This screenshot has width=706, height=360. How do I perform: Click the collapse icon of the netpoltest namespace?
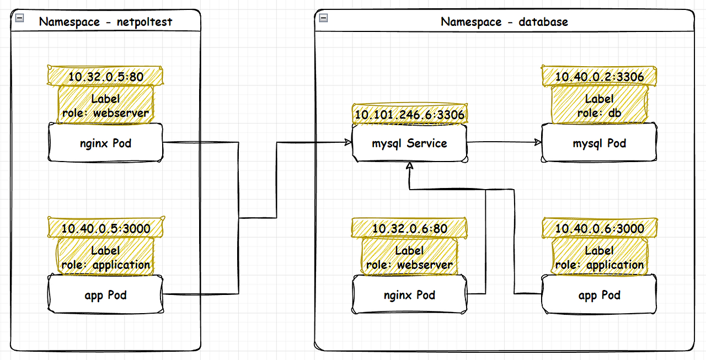[x=19, y=18]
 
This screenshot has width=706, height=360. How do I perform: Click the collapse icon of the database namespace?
[x=323, y=18]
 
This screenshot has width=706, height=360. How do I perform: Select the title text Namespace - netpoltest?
[x=106, y=22]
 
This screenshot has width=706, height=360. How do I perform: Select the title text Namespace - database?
[x=504, y=22]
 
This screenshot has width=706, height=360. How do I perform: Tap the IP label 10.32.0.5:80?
[x=106, y=77]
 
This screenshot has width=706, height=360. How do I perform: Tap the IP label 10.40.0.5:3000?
[x=106, y=228]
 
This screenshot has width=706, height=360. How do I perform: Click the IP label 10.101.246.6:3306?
[x=409, y=115]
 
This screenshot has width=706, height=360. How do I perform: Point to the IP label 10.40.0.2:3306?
[x=599, y=77]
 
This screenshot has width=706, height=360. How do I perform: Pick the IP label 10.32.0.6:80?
[x=409, y=228]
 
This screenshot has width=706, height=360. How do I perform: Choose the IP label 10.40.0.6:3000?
[x=599, y=228]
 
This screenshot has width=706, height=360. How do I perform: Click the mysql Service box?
[x=409, y=143]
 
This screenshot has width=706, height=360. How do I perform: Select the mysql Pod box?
[x=599, y=143]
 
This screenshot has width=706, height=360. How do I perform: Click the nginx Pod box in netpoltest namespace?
[x=106, y=143]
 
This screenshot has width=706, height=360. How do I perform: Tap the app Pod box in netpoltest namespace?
[x=106, y=295]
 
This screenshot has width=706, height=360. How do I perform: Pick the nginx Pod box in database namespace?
[x=409, y=295]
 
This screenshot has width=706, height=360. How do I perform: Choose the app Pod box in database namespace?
[x=599, y=295]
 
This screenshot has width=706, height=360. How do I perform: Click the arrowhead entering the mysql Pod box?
[x=538, y=142]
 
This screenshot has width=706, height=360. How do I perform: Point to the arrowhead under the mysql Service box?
[x=409, y=166]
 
